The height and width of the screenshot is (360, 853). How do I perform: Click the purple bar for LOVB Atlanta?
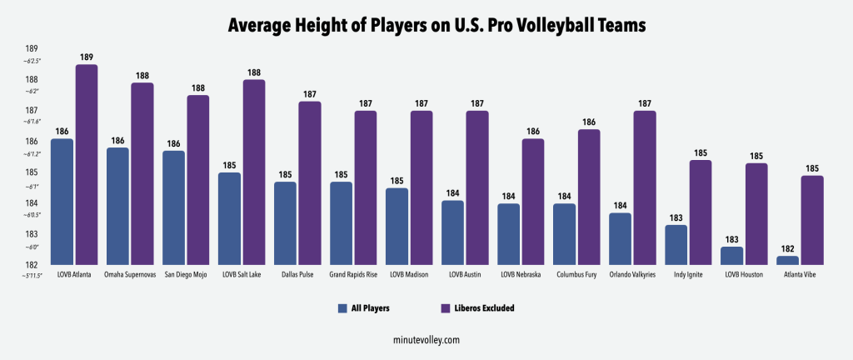[87, 165]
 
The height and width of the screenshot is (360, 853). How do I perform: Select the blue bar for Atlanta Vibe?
[787, 261]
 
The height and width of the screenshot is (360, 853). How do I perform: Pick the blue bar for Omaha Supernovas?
[118, 207]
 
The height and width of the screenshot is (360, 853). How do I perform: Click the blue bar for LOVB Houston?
[731, 256]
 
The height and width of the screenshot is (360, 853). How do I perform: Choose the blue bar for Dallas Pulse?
[285, 223]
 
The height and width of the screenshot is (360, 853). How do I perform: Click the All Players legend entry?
[365, 307]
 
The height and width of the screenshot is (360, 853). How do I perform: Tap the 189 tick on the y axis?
[31, 48]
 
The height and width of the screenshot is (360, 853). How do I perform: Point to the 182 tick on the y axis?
[31, 265]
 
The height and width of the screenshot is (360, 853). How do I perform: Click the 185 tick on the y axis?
[31, 172]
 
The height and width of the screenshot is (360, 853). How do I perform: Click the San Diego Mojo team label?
[186, 274]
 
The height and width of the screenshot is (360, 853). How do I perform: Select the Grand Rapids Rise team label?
[353, 274]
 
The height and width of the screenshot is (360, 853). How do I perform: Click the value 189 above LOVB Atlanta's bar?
[87, 57]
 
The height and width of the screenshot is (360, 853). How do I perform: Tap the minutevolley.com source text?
[426, 340]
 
